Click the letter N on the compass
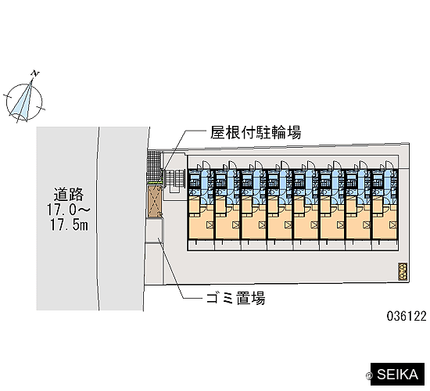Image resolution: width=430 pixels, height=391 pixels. click(x=35, y=74)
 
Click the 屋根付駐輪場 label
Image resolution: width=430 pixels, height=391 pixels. click(x=256, y=132)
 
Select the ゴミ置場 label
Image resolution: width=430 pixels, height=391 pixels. click(x=236, y=298)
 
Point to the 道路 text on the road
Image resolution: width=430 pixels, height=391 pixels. click(x=69, y=194)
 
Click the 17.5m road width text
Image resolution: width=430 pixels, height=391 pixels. click(x=69, y=224)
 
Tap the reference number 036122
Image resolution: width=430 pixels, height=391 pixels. click(x=407, y=317)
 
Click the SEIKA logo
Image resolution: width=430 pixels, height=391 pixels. click(x=397, y=375)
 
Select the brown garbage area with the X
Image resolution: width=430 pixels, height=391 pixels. click(x=155, y=201)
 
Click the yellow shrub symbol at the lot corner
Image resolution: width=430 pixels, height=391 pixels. click(x=403, y=271)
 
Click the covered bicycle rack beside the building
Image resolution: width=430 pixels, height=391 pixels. click(x=174, y=181)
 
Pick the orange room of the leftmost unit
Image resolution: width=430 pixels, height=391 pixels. click(x=201, y=222)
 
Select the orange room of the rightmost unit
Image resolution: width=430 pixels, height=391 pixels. click(x=385, y=222)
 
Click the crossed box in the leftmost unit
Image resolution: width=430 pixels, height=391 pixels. click(x=210, y=225)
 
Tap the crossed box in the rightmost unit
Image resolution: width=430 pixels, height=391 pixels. click(x=393, y=225)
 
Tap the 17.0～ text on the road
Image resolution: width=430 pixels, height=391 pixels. click(x=68, y=210)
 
